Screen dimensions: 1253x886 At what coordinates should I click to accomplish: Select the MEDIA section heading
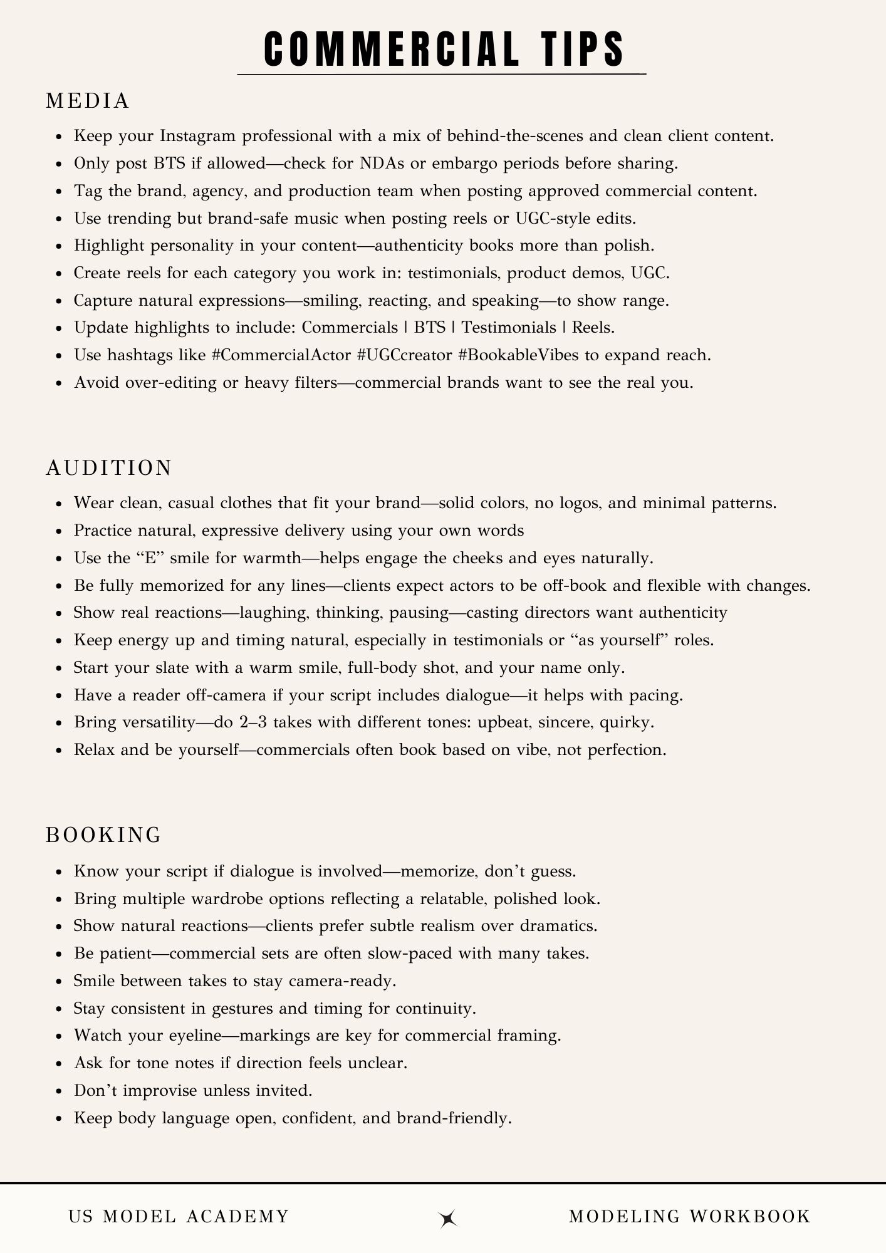coord(88,101)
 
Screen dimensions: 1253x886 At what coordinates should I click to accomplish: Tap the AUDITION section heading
coord(109,468)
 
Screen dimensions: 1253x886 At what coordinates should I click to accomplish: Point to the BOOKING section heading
coord(104,835)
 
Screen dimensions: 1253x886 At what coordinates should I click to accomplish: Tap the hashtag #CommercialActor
coord(281,355)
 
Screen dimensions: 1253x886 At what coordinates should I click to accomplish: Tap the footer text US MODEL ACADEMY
coord(179,1217)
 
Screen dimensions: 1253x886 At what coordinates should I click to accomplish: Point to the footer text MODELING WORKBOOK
coord(689,1217)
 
